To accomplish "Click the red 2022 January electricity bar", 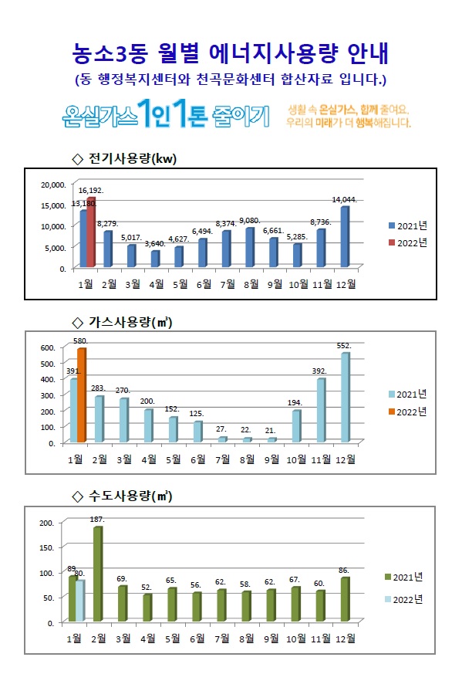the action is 91,232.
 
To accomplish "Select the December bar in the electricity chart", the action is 345,237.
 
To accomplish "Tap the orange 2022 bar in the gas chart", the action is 82,395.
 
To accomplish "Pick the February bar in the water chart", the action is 98,574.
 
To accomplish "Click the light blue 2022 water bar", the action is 80,601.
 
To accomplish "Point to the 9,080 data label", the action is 250,221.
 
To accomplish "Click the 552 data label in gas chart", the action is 344,346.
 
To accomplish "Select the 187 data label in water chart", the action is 97,520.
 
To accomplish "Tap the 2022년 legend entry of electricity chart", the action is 408,243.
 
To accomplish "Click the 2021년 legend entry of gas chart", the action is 407,395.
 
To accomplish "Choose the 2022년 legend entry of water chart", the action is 403,600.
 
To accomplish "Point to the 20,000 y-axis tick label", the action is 54,185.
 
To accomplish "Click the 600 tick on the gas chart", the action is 48,347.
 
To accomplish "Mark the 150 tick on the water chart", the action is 47,547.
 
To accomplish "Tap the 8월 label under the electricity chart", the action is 251,284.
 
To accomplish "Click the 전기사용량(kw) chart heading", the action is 124,158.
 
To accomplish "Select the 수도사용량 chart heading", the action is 122,496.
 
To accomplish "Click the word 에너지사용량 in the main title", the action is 273,53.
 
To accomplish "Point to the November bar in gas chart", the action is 321,410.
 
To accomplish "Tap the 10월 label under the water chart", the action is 296,638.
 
